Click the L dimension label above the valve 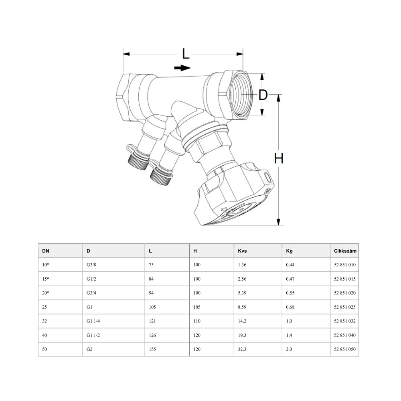(x=185, y=54)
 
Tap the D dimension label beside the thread (x=263, y=95)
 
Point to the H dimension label (x=279, y=158)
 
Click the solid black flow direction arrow (x=182, y=68)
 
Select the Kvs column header (x=242, y=251)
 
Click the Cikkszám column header (x=345, y=251)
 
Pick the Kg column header (x=289, y=251)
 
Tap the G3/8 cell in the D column (x=91, y=265)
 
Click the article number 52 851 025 (x=345, y=307)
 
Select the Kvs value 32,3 (x=242, y=349)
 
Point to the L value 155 (x=152, y=349)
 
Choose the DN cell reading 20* (x=46, y=293)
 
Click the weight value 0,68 (x=290, y=307)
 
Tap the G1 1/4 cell (x=93, y=321)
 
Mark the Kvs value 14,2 (x=242, y=321)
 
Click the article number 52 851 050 (x=345, y=349)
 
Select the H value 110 (x=197, y=321)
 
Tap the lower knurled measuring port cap (x=160, y=176)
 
